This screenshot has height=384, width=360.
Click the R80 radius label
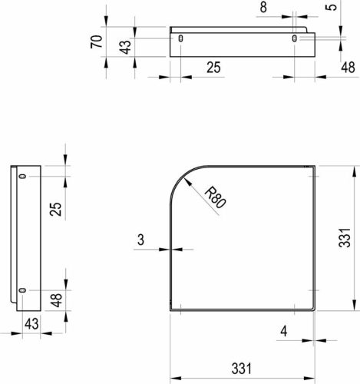[x=216, y=197]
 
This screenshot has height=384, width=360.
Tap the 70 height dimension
[x=97, y=41]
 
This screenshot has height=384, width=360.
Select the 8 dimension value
[x=263, y=7]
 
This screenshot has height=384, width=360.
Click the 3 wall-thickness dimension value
[x=140, y=240]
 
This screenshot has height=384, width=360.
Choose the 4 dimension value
[x=284, y=331]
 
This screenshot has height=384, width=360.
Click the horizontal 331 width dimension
[x=241, y=369]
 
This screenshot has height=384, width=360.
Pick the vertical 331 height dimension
[x=345, y=238]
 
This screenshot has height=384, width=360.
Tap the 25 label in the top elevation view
[x=213, y=68]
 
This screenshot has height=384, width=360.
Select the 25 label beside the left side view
[x=55, y=209]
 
